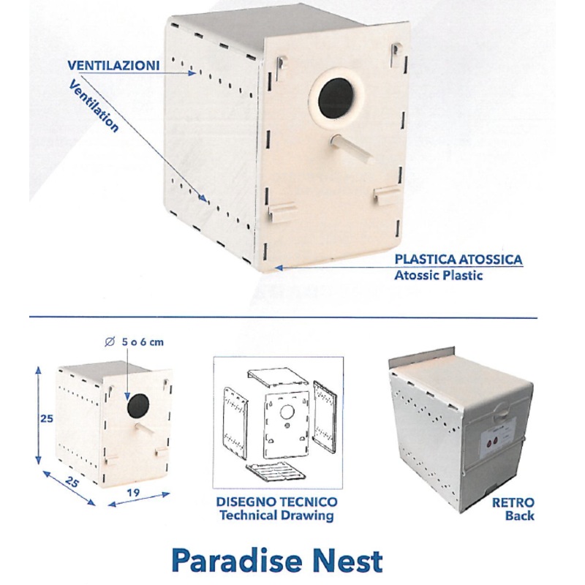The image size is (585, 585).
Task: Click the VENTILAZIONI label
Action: point(113,65)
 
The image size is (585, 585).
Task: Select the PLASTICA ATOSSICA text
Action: point(458,260)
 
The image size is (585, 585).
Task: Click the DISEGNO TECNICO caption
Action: point(276,502)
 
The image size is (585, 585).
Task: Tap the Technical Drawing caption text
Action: point(276,516)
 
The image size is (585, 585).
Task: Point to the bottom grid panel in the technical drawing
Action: point(276,474)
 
